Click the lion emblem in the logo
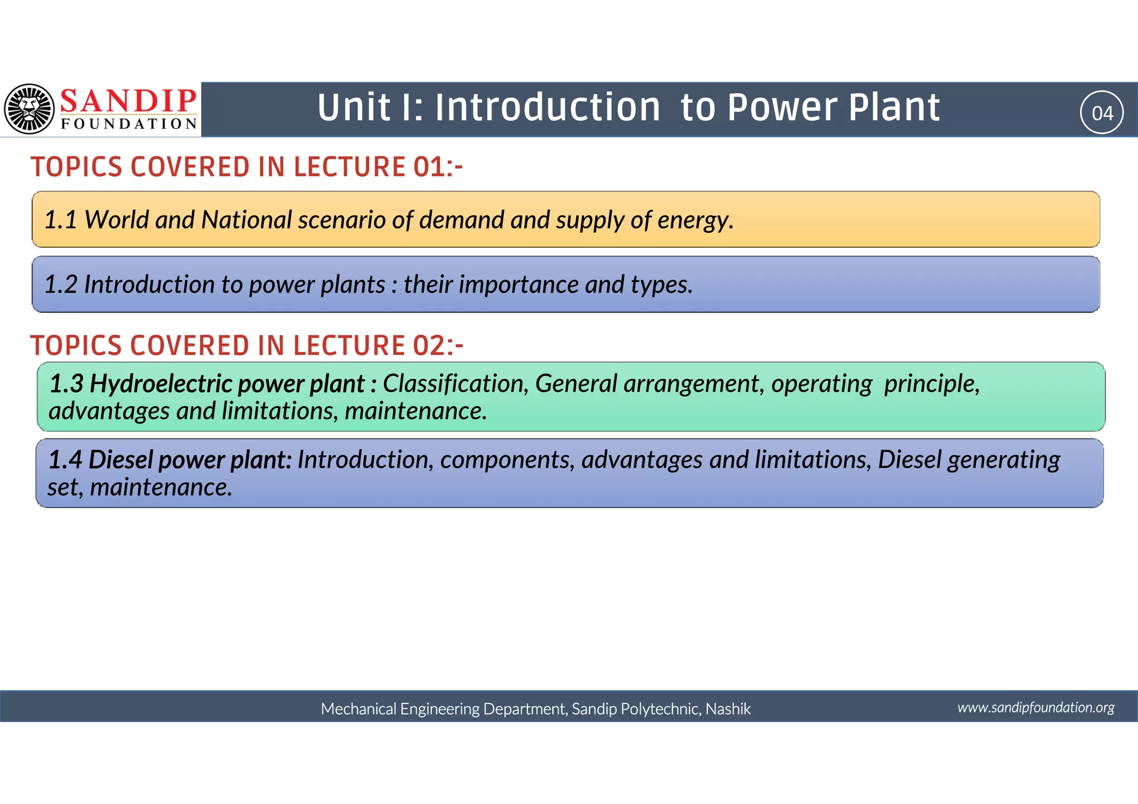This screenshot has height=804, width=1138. click(29, 109)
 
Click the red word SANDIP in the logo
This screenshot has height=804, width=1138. click(128, 101)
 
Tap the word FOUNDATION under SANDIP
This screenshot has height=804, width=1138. click(129, 123)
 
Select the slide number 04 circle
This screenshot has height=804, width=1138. click(1101, 113)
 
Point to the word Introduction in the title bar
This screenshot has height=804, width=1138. click(547, 107)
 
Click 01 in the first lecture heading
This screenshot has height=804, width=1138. click(429, 167)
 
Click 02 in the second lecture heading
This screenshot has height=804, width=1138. click(429, 346)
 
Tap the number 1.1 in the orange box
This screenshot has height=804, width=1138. click(61, 220)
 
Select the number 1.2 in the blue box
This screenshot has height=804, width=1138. click(61, 284)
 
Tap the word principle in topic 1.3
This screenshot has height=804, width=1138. click(931, 384)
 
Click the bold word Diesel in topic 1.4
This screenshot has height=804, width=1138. click(120, 460)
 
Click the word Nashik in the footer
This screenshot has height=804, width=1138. click(728, 709)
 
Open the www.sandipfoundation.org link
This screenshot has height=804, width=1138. click(1036, 707)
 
